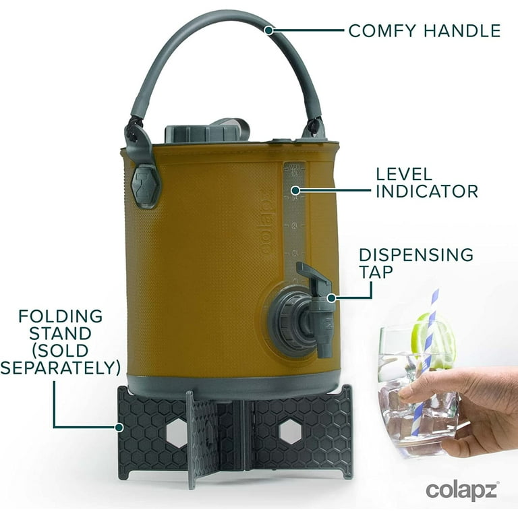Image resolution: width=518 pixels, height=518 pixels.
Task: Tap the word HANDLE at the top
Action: (x=463, y=31)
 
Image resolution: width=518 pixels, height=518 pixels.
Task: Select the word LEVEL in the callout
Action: (x=404, y=174)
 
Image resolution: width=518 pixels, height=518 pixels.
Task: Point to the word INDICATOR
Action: (x=427, y=192)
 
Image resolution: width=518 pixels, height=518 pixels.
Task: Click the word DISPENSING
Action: (x=416, y=255)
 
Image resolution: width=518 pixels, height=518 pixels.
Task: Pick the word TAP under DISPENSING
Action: (x=376, y=272)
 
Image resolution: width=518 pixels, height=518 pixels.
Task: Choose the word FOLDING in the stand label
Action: (x=61, y=316)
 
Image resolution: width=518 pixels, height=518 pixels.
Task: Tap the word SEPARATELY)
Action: (x=61, y=368)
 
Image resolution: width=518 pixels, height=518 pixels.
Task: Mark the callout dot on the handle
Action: (x=269, y=30)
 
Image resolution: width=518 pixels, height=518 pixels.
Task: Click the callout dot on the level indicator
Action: (x=295, y=190)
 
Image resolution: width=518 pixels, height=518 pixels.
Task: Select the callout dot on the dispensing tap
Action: (x=331, y=298)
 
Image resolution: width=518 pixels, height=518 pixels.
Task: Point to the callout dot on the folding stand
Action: (x=119, y=427)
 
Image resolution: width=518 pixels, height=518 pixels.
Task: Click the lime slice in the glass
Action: (x=433, y=340)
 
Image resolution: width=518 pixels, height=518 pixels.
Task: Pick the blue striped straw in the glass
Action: (x=424, y=364)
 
